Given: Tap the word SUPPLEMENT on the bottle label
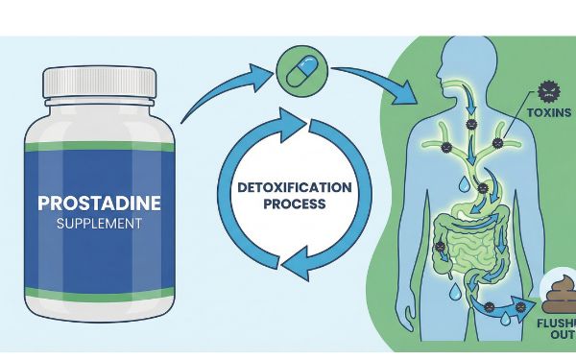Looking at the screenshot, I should (x=91, y=224).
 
